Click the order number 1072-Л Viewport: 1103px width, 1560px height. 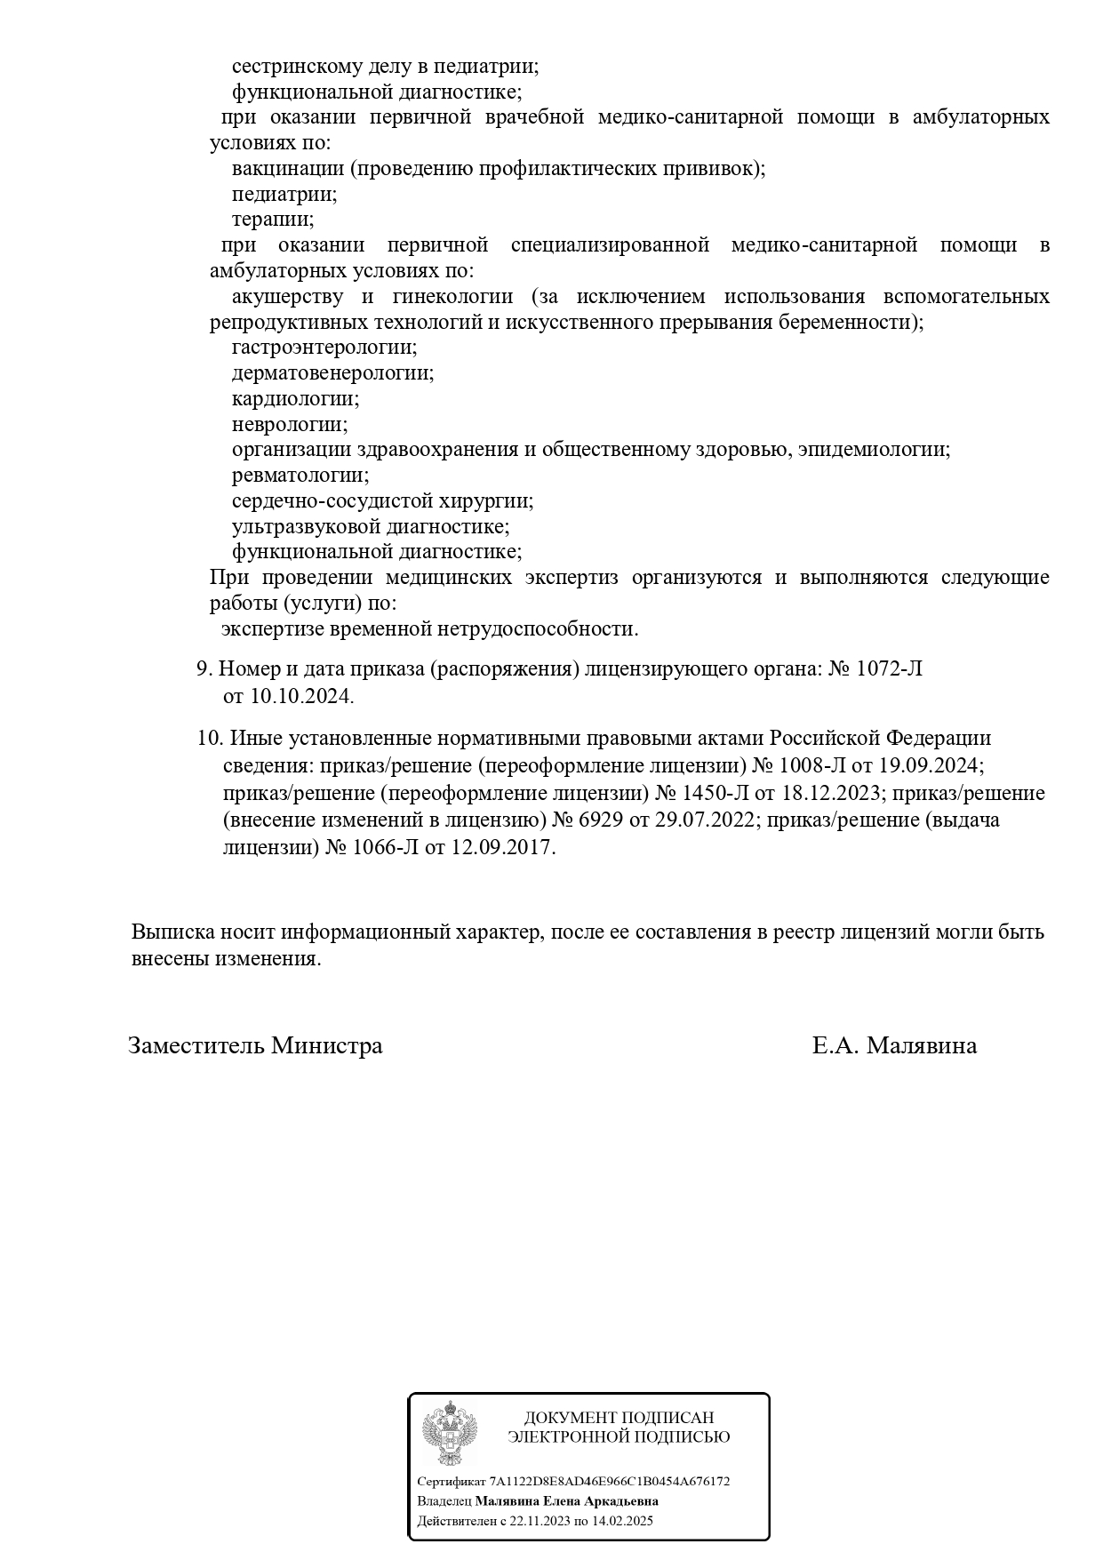pyautogui.click(x=889, y=669)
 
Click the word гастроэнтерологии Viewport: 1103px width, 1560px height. pyautogui.click(x=324, y=348)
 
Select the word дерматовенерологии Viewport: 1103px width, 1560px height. pyautogui.click(x=332, y=373)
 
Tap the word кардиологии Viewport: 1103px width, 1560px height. pyautogui.click(x=295, y=399)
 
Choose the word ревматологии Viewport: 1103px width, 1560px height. pyautogui.click(x=300, y=476)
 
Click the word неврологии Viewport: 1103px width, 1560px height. pyautogui.click(x=290, y=425)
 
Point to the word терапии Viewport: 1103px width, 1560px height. pyautogui.click(x=273, y=219)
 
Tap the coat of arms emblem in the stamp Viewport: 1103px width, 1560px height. pyautogui.click(x=450, y=1432)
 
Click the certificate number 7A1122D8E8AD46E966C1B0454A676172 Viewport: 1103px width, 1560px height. pyautogui.click(x=610, y=1481)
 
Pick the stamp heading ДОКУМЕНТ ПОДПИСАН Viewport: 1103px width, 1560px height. pyautogui.click(x=619, y=1418)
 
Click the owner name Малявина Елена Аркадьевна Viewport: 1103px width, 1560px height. pyautogui.click(x=566, y=1500)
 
